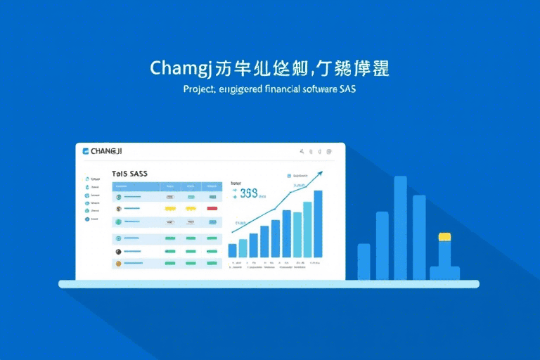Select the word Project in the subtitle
[x=199, y=90]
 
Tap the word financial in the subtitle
[x=288, y=90]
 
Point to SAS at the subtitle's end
[x=346, y=90]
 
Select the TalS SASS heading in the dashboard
[x=129, y=173]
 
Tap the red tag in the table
[x=212, y=209]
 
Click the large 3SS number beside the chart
[x=249, y=193]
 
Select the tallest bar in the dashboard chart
[x=318, y=224]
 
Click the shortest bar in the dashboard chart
[x=233, y=250]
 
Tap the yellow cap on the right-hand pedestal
[x=444, y=236]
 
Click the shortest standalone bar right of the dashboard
[x=364, y=262]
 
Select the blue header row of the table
[x=167, y=186]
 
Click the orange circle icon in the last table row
[x=118, y=263]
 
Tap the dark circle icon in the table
[x=118, y=250]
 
